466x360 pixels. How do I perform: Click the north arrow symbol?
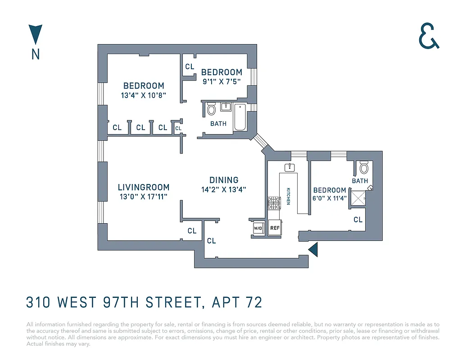point(35,35)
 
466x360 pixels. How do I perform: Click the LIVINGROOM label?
point(144,187)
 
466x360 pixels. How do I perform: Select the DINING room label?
point(224,180)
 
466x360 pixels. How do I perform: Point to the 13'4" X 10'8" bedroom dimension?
point(144,95)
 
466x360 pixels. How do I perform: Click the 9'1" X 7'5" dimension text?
point(222,82)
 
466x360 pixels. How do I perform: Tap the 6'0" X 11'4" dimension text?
point(330,198)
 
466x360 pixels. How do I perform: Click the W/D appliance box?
point(258,228)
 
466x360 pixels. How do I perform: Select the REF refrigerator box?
point(275,228)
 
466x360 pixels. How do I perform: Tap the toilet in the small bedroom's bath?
point(364,167)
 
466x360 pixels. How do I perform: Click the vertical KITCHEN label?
point(288,196)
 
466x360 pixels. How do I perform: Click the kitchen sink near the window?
point(289,168)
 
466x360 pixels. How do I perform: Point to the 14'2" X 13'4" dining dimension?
point(224,190)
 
